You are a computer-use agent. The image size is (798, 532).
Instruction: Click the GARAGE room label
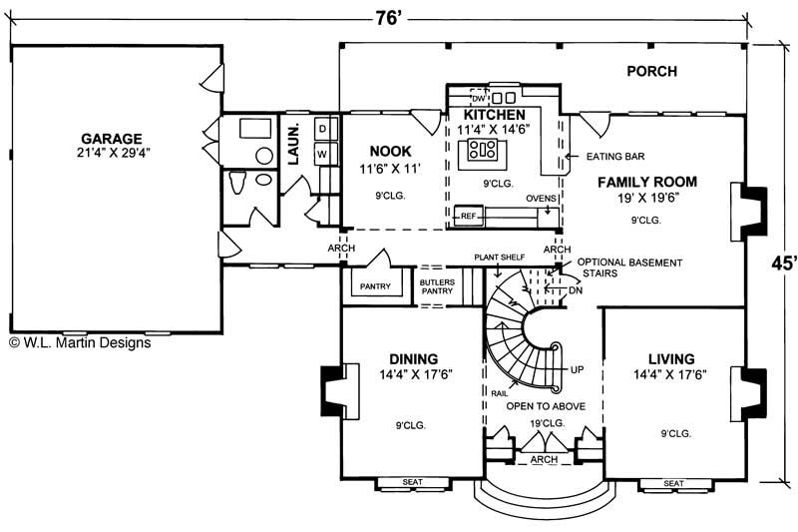[x=112, y=138]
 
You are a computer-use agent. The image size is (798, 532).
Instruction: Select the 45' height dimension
[x=784, y=264]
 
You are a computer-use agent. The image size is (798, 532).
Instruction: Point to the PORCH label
[x=651, y=71]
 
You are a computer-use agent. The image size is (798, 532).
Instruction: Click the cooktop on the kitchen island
[x=484, y=150]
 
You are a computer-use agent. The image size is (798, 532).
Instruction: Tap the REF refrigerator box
[x=467, y=214]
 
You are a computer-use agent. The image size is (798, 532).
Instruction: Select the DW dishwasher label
[x=477, y=99]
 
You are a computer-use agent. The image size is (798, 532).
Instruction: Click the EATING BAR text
[x=611, y=157]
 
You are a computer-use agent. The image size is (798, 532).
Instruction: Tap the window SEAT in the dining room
[x=411, y=484]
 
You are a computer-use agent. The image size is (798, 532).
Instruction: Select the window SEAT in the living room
[x=673, y=484]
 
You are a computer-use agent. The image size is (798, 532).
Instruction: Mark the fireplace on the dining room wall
[x=333, y=391]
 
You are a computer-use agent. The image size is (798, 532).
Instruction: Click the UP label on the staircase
[x=577, y=369]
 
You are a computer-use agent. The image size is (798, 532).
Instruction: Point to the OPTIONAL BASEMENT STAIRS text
[x=629, y=267]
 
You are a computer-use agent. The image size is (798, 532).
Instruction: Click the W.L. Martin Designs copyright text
[x=80, y=342]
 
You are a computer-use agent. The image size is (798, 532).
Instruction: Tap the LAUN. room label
[x=294, y=144]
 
